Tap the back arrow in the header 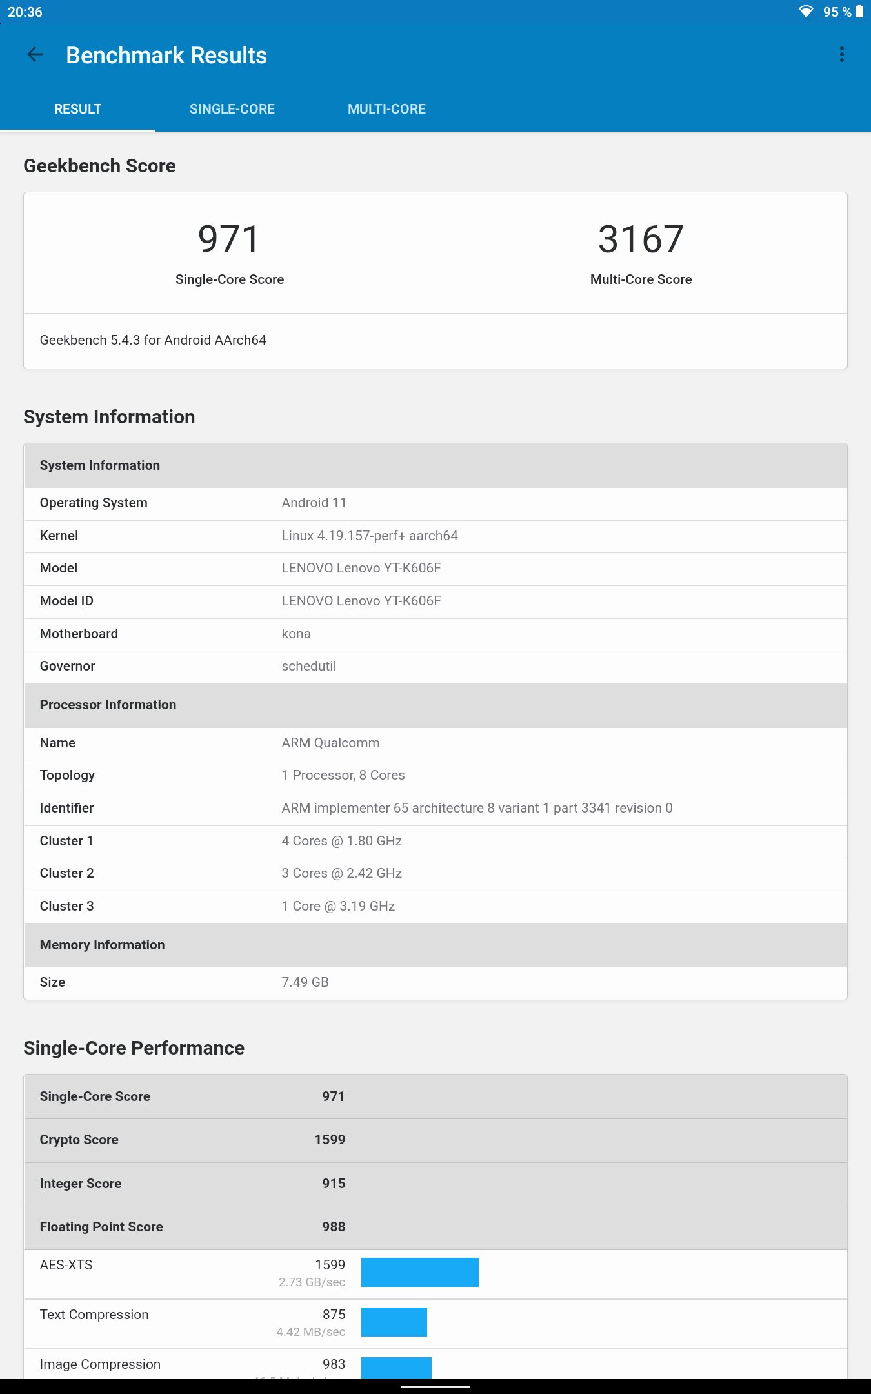[35, 55]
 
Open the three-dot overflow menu [841, 55]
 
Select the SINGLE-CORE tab [232, 109]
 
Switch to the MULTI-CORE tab [386, 109]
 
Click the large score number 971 [229, 239]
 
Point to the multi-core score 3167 [641, 239]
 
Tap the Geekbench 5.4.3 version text [153, 340]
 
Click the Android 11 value [314, 503]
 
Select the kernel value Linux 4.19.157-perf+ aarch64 [369, 536]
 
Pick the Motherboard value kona [296, 634]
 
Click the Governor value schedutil [308, 666]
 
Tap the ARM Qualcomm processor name [330, 743]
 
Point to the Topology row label [67, 775]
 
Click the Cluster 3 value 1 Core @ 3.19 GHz [338, 906]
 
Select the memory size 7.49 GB [305, 982]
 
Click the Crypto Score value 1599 [330, 1140]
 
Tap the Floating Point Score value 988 [334, 1227]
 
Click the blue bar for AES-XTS [419, 1272]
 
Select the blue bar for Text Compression [394, 1322]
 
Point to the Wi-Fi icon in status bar [806, 12]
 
